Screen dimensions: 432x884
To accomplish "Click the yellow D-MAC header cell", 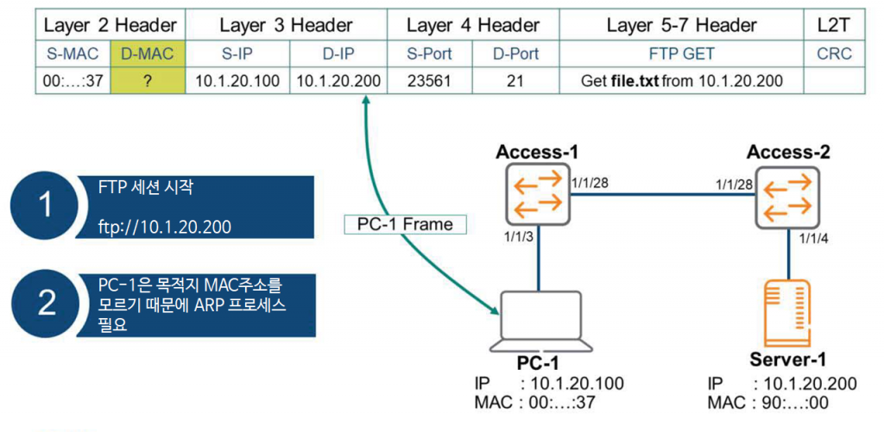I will tap(147, 53).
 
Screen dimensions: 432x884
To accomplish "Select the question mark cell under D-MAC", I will tap(147, 81).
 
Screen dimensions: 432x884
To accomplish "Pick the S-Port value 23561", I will tap(429, 81).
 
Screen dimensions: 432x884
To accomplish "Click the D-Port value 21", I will tap(515, 81).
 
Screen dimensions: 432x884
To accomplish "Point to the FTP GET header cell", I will tap(681, 53).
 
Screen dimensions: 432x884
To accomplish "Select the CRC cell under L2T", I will tap(833, 53).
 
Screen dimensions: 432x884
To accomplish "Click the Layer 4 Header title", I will tap(472, 25).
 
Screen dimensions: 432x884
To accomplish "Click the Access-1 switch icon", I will tap(535, 196).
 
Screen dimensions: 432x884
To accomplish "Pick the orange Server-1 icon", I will tap(786, 312).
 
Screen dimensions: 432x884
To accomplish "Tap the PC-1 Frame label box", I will tap(405, 224).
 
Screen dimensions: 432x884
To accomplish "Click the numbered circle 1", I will tap(46, 205).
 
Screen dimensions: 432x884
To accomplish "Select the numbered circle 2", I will tap(46, 304).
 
